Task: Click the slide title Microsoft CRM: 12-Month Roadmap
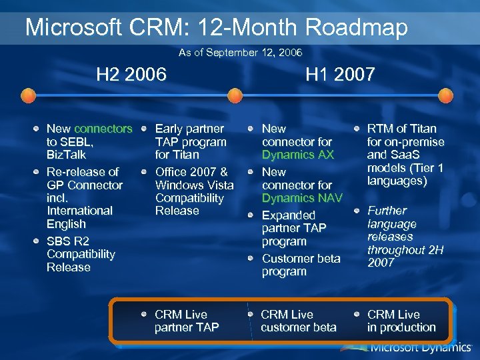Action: (216, 28)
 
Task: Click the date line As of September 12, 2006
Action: (240, 52)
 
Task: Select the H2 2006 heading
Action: (131, 74)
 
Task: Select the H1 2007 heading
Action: (340, 74)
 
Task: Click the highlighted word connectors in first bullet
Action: (103, 129)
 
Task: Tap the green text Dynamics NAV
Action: (301, 198)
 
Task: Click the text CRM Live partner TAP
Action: (187, 321)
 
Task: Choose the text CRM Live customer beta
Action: (299, 321)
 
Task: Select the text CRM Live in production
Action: (401, 321)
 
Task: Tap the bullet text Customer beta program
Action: (301, 265)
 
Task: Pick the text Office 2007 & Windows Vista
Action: (194, 179)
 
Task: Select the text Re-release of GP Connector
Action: (84, 179)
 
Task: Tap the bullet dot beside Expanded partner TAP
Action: (252, 215)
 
